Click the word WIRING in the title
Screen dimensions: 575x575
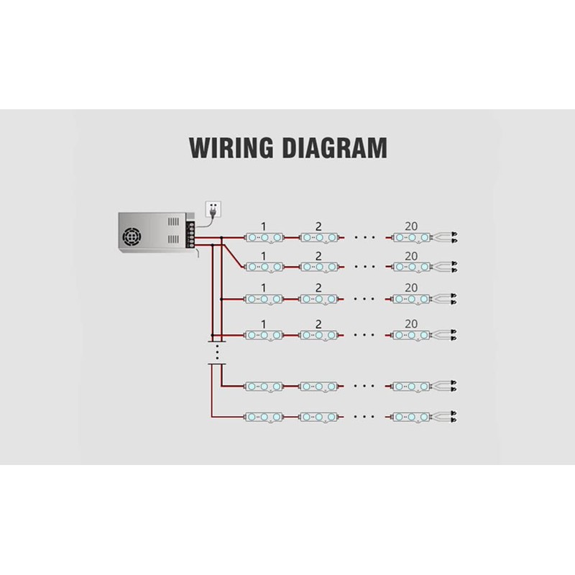231,148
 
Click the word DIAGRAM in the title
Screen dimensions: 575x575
335,148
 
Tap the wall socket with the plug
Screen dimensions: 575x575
213,209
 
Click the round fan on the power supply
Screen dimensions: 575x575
132,237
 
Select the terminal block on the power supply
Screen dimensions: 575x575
190,235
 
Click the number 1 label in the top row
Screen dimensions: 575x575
263,226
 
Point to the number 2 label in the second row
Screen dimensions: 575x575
318,256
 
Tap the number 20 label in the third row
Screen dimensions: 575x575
411,288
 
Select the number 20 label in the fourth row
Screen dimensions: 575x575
411,324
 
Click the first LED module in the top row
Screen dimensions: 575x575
264,238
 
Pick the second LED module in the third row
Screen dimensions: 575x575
318,299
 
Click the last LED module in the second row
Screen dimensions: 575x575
411,267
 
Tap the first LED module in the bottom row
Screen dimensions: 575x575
264,417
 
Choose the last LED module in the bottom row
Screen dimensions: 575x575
411,417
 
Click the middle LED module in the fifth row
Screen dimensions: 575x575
318,386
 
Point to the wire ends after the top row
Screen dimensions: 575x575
445,238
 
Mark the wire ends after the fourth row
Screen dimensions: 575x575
445,335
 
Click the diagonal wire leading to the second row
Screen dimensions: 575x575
232,256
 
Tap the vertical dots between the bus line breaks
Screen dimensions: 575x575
218,352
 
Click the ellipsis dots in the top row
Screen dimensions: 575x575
364,238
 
